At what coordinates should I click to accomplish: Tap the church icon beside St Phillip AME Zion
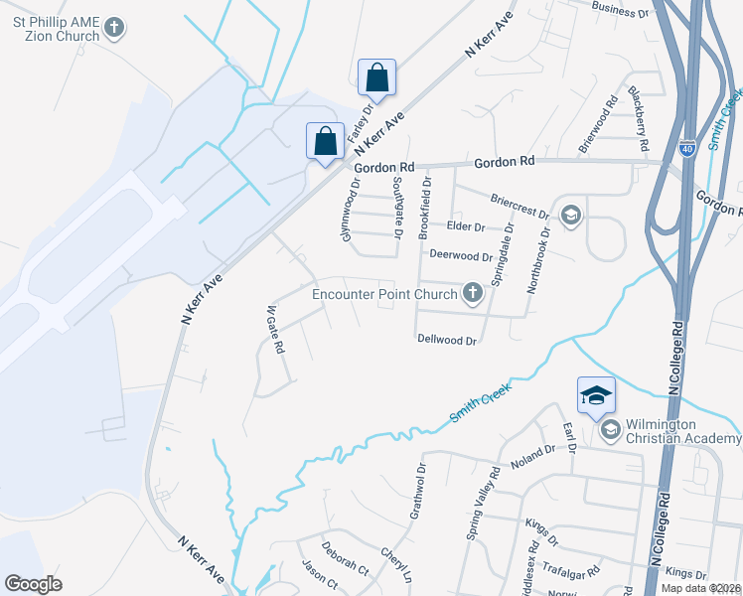pos(115,28)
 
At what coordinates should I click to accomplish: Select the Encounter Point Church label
pos(384,294)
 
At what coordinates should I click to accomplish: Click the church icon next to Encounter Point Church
pos(473,293)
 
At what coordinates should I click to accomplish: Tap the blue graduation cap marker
pos(595,395)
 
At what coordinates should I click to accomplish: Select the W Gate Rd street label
pos(275,330)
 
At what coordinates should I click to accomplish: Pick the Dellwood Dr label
pos(448,340)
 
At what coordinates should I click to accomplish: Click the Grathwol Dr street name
pos(418,492)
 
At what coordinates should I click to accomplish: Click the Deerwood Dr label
pos(461,256)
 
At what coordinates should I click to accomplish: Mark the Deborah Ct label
pos(345,561)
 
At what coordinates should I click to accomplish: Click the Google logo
pos(34,584)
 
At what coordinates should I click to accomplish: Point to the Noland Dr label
pos(534,454)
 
